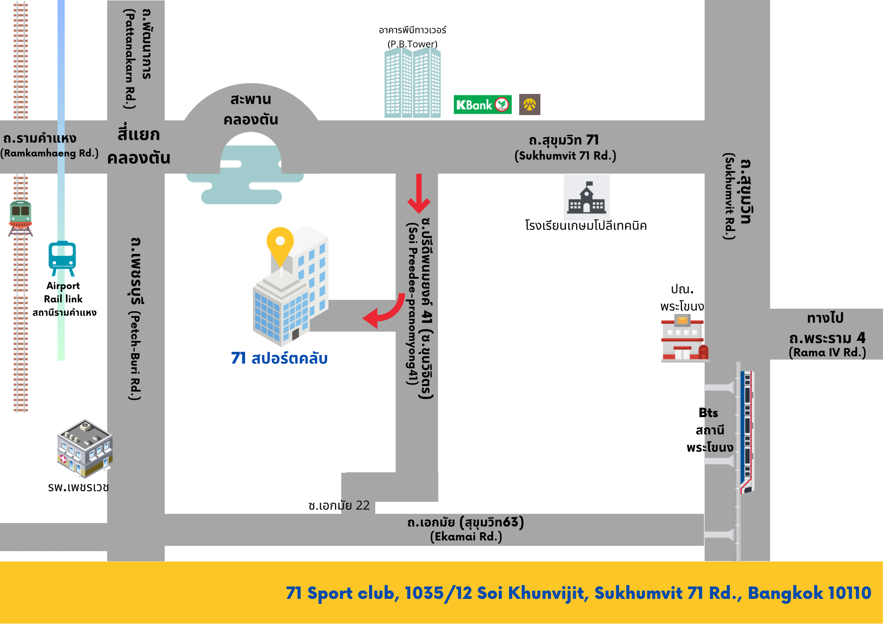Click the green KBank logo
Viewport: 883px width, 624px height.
click(x=482, y=105)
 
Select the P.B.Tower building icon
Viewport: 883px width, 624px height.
click(x=412, y=83)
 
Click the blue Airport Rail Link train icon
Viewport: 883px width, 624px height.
click(x=62, y=258)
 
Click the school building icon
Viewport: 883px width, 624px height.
click(x=586, y=198)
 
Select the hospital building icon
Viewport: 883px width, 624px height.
click(x=84, y=448)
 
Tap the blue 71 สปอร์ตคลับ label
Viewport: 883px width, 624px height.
click(x=279, y=358)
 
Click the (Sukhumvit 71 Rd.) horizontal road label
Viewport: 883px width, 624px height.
click(x=565, y=156)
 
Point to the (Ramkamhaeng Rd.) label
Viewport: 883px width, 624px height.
click(x=49, y=153)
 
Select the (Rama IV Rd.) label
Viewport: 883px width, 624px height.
click(x=827, y=352)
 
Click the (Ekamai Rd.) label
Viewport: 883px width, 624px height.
click(x=466, y=537)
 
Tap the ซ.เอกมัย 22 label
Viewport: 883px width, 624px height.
click(x=339, y=505)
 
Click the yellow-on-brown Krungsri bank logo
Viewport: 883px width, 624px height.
click(x=529, y=105)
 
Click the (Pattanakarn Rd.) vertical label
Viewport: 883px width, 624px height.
click(x=129, y=60)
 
